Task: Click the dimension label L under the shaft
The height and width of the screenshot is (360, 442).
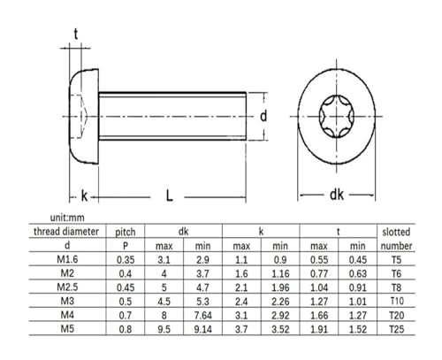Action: [x=169, y=195]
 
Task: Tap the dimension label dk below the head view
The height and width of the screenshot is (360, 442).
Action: [x=337, y=195]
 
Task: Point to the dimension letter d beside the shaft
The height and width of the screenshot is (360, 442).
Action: [x=263, y=116]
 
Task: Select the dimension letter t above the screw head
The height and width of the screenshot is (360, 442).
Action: [x=76, y=34]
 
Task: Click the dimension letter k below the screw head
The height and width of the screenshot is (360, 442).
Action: [x=84, y=195]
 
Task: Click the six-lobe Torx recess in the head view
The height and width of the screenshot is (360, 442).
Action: [x=337, y=116]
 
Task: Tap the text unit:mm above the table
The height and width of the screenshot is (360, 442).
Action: [x=67, y=218]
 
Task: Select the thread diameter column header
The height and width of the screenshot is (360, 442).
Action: [x=66, y=232]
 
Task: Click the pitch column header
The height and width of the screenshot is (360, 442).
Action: [x=126, y=232]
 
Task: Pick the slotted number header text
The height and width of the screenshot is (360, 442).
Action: [x=396, y=239]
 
